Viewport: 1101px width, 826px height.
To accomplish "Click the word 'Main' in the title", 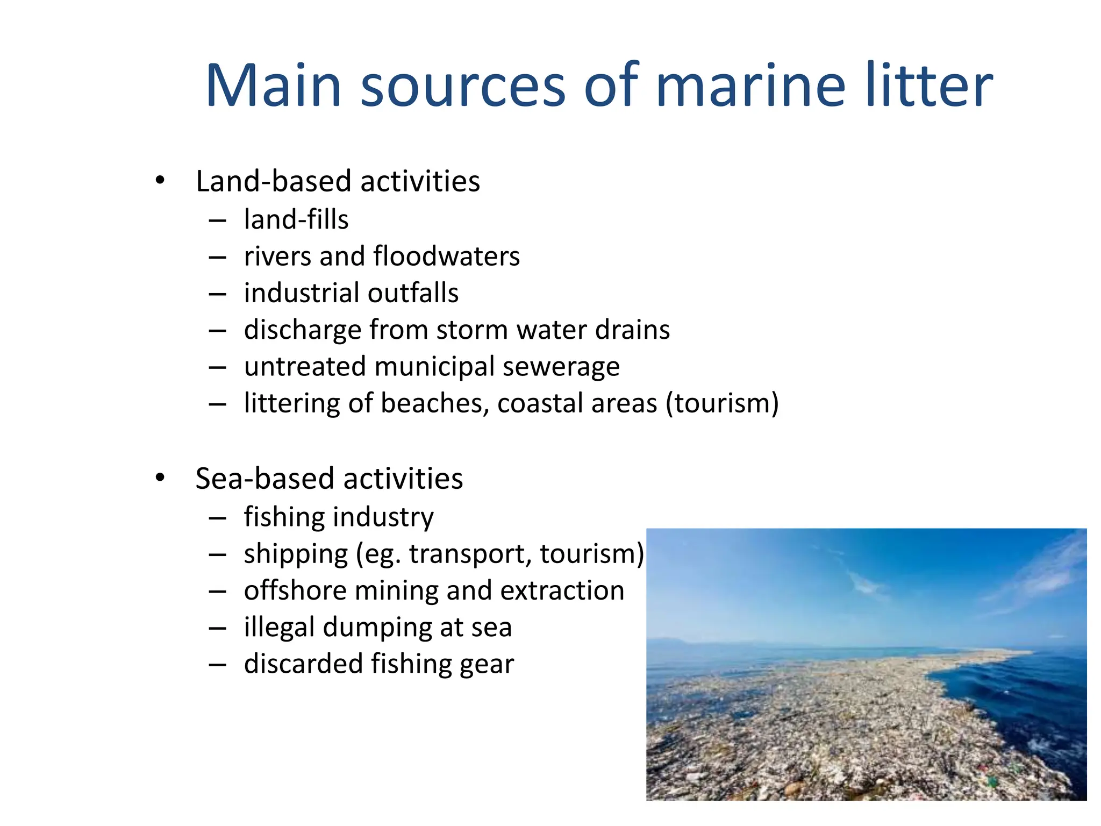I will [274, 86].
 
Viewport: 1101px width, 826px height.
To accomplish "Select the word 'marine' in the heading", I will [750, 86].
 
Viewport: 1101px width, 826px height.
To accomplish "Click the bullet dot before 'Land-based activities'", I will [160, 181].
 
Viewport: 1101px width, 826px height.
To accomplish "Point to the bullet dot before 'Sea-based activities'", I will [160, 478].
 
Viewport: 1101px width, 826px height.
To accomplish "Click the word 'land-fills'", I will [296, 220].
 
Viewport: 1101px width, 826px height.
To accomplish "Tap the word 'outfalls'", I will [413, 294].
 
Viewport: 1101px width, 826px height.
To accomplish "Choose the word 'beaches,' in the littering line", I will [435, 404].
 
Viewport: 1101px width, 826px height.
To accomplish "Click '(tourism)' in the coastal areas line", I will [722, 404].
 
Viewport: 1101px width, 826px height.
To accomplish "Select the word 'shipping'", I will [296, 554].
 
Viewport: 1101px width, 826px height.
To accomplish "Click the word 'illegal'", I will [279, 628].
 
